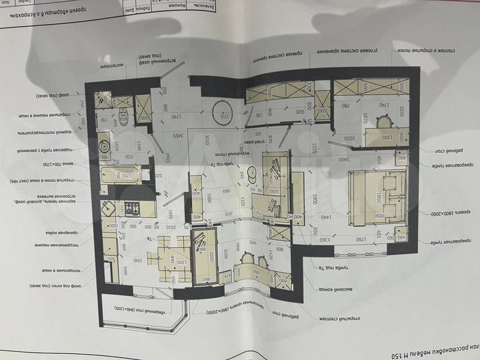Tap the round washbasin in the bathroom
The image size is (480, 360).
tap(106, 145)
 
